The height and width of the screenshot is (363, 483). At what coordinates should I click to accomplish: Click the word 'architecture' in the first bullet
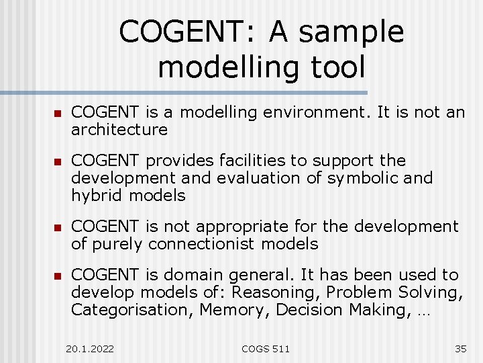click(119, 129)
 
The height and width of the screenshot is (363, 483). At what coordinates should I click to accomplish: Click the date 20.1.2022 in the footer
click(90, 348)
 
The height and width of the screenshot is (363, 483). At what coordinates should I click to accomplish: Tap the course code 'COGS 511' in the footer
click(266, 348)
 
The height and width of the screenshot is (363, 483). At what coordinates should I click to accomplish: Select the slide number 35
click(460, 348)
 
